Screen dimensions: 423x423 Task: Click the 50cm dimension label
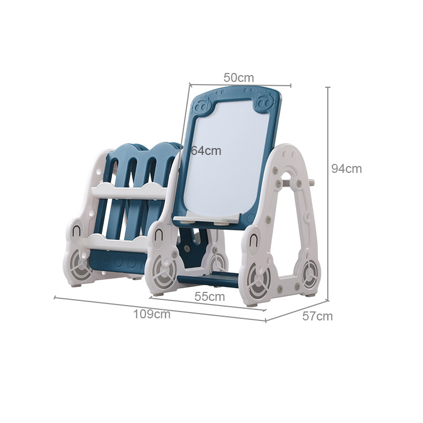point(239,78)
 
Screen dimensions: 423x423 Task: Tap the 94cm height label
point(346,169)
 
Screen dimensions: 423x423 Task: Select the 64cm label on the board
point(206,151)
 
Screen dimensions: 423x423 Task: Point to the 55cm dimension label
point(209,297)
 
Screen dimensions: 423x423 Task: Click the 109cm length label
point(152,314)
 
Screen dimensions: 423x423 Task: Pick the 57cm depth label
point(317,316)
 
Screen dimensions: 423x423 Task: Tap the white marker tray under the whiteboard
point(207,218)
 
